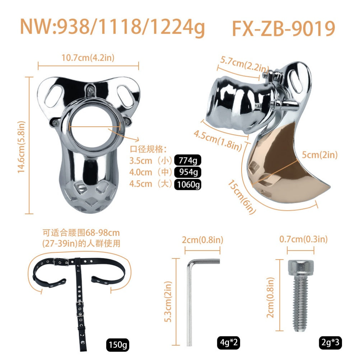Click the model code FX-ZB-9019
tap(283, 28)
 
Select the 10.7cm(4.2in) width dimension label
tap(88, 57)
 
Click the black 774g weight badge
tap(187, 160)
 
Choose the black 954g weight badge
tap(187, 172)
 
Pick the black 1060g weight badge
tap(187, 184)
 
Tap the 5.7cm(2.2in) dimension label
tap(244, 64)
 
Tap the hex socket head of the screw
tap(298, 267)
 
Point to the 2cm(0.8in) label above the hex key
tap(202, 239)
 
